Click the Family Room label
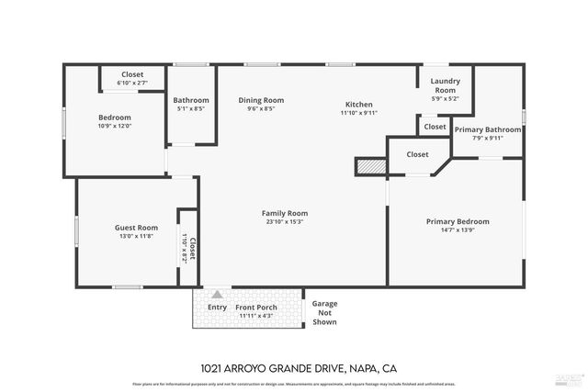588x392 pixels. click(284, 213)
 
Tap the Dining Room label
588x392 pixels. click(261, 100)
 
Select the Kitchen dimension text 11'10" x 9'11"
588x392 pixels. click(358, 113)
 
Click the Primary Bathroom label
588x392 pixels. click(487, 129)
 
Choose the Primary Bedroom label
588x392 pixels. click(457, 221)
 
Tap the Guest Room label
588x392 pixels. click(136, 228)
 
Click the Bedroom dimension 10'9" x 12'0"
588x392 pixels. click(115, 126)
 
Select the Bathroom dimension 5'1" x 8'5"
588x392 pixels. click(191, 108)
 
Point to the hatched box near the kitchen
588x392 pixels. click(370, 166)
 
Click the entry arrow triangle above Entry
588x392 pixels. click(217, 295)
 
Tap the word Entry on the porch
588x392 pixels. click(217, 308)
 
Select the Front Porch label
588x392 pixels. click(257, 308)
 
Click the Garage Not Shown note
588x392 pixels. click(324, 312)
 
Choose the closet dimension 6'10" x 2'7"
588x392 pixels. click(132, 83)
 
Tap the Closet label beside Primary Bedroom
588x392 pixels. click(417, 154)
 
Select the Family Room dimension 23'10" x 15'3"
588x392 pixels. click(284, 222)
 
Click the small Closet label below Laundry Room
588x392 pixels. click(435, 127)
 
